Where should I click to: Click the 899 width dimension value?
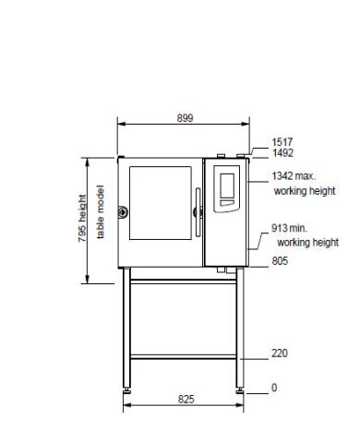pos(185,118)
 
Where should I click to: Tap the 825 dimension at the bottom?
pos(186,399)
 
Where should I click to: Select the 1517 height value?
pos(282,142)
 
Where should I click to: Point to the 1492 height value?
pos(282,153)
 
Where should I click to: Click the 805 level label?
pos(280,261)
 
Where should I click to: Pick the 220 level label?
pos(280,353)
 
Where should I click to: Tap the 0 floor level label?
pos(274,388)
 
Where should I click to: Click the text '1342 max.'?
pos(294,176)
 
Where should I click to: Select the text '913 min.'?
pos(289,228)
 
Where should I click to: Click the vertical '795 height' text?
pos(82,218)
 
